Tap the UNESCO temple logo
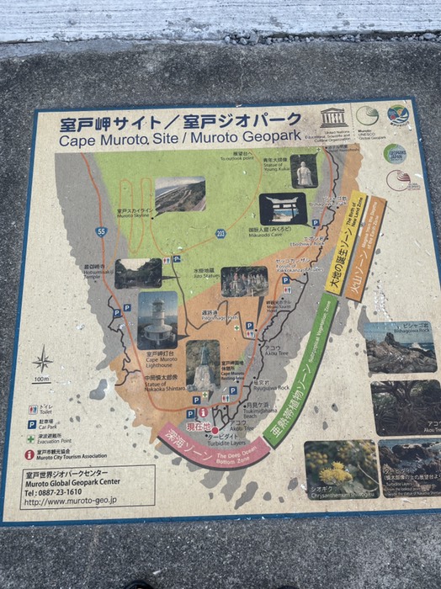(332, 117)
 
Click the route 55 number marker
(102, 231)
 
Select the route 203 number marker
(220, 233)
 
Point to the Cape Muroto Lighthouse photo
(158, 320)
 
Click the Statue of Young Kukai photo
(306, 171)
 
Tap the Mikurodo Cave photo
(282, 209)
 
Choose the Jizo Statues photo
(244, 282)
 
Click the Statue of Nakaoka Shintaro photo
(202, 363)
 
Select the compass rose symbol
(42, 361)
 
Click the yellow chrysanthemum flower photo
(340, 466)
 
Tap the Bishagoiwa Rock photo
(400, 347)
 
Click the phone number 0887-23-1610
(72, 492)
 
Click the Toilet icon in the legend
(31, 410)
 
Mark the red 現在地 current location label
(199, 427)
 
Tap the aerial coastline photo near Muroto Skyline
(179, 194)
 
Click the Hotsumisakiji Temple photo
(138, 273)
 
